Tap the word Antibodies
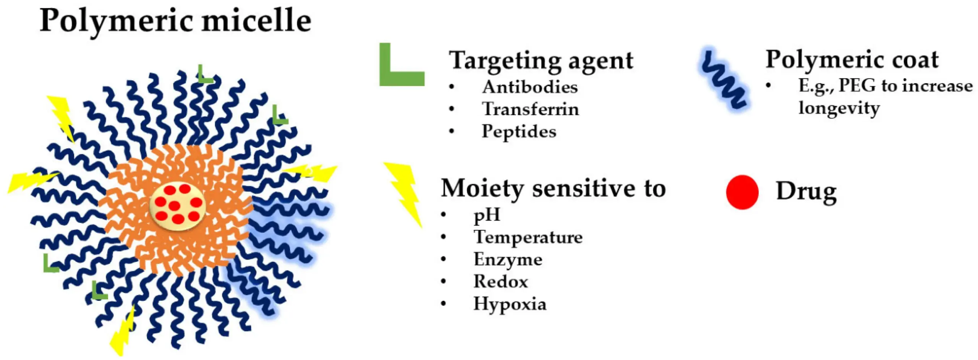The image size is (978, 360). tap(529, 87)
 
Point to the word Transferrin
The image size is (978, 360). tap(530, 109)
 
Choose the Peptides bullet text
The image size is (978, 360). tap(519, 131)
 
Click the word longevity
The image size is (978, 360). tap(839, 108)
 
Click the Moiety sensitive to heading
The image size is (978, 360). tap(553, 188)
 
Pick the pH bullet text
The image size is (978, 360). tap(487, 215)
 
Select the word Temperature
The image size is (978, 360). tap(528, 237)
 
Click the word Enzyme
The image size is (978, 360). tap(508, 259)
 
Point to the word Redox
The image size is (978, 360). tap(500, 282)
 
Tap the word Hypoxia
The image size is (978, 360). tap(510, 304)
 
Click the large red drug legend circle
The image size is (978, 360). tap(742, 192)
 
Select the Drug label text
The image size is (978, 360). tap(806, 191)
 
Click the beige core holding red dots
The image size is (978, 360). tap(177, 207)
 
